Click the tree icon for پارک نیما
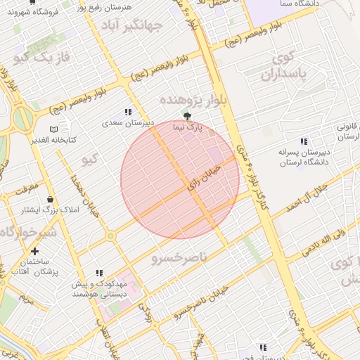(x=187, y=116)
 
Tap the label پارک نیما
(x=188, y=127)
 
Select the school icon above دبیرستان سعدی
(x=128, y=112)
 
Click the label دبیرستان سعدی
(x=128, y=123)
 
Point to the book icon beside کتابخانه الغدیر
(x=53, y=130)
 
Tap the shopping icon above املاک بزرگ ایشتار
(x=49, y=200)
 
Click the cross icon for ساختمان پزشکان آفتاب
(x=34, y=251)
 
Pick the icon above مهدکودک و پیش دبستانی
(x=99, y=273)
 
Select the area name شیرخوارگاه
(x=29, y=233)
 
